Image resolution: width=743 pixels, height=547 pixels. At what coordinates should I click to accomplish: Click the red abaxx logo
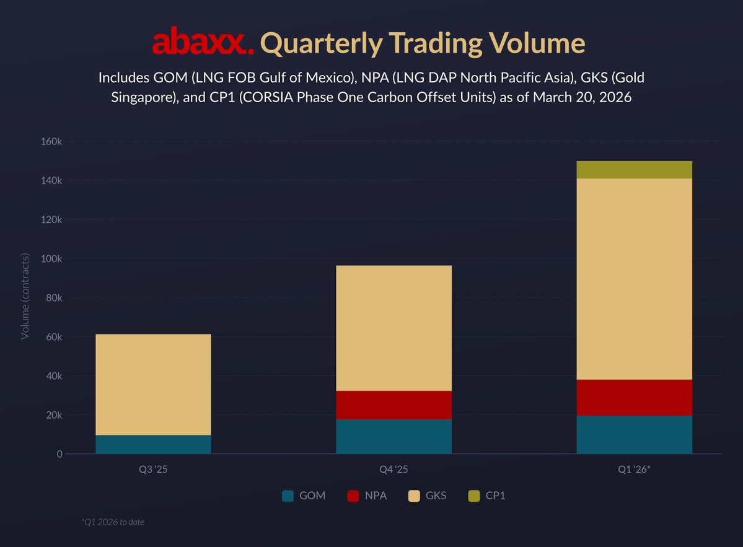pos(203,43)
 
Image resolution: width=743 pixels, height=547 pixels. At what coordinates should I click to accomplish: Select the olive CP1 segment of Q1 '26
pos(634,170)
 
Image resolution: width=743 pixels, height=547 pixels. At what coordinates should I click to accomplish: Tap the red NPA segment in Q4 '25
pos(393,405)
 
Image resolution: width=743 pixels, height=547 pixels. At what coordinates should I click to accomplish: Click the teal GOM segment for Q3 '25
pos(153,444)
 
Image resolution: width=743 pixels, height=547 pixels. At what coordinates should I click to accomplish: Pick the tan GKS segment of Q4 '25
pos(393,328)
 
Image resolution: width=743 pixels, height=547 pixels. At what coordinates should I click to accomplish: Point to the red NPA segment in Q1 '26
pos(634,397)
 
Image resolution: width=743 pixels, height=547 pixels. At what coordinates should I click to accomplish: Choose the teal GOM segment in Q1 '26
pos(634,434)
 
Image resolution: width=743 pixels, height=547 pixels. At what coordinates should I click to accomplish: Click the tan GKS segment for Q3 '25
pos(153,385)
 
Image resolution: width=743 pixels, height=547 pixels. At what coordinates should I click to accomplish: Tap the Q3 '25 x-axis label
pos(153,470)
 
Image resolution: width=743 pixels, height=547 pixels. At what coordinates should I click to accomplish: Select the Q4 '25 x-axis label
pos(393,470)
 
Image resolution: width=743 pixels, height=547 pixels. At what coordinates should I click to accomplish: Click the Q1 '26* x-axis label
pos(634,470)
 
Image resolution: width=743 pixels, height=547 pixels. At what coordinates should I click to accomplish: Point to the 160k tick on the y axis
pos(51,141)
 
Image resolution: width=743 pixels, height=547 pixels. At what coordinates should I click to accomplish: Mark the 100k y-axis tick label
pos(51,258)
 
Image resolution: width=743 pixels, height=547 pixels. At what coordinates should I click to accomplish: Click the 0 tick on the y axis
pos(59,454)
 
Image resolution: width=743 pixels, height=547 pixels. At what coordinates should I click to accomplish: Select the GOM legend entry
pos(304,496)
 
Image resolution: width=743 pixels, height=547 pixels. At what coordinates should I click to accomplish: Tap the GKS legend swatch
pos(414,496)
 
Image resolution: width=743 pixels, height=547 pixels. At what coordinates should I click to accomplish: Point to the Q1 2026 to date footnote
pos(113,522)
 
